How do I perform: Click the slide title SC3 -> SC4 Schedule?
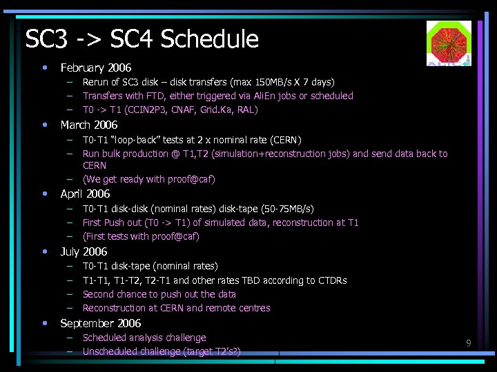click(142, 39)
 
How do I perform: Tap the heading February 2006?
click(95, 68)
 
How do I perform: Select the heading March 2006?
click(89, 125)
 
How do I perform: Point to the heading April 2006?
click(85, 194)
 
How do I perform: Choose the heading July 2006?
click(84, 251)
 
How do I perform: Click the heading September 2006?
click(100, 323)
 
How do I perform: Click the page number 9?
click(468, 342)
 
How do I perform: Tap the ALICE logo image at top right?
click(448, 43)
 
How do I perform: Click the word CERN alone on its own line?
click(95, 165)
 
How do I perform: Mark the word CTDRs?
click(332, 280)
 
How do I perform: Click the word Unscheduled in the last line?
click(109, 351)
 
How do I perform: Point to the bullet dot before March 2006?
click(45, 125)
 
